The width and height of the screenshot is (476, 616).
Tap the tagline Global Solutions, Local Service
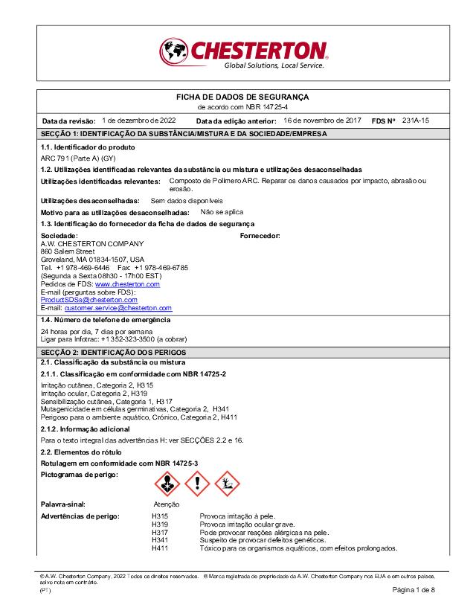[274, 66]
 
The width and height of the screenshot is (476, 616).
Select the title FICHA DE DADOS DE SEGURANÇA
[242, 97]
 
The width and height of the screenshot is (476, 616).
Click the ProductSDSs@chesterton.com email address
[89, 300]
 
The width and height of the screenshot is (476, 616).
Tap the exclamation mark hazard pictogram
[197, 484]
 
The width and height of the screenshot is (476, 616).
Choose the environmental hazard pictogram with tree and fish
[228, 484]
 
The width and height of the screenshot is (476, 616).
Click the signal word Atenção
[158, 504]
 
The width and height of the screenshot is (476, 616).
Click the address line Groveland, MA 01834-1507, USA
[92, 260]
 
